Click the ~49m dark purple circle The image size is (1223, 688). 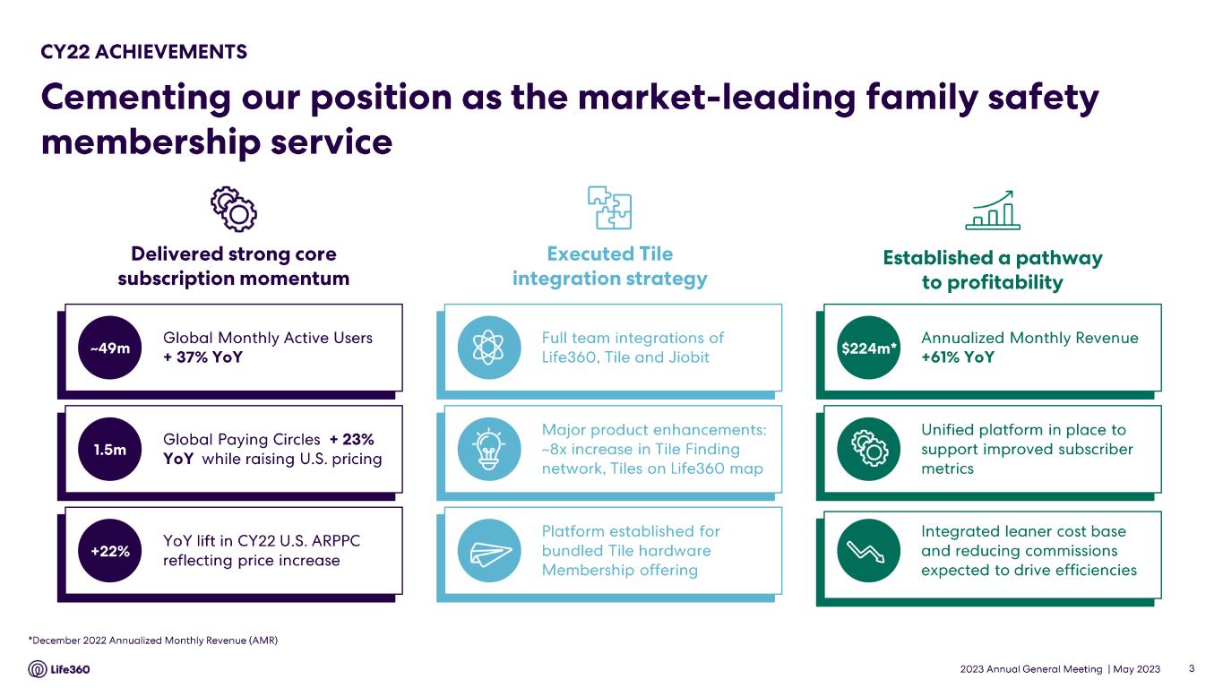pyautogui.click(x=109, y=348)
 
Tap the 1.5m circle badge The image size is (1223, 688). pyautogui.click(x=109, y=450)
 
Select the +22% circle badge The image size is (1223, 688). pyautogui.click(x=109, y=551)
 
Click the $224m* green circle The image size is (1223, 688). pyautogui.click(x=869, y=348)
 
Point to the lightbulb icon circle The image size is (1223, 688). pyautogui.click(x=489, y=450)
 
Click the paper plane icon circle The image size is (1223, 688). pyautogui.click(x=489, y=551)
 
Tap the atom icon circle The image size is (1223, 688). pyautogui.click(x=489, y=348)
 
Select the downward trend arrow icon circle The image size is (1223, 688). pyautogui.click(x=869, y=551)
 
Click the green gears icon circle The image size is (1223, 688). pyautogui.click(x=869, y=450)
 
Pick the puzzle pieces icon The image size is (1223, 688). pyautogui.click(x=610, y=208)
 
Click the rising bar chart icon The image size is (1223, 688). pyautogui.click(x=993, y=211)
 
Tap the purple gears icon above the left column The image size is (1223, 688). pyautogui.click(x=234, y=209)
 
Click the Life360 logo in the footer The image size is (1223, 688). pyautogui.click(x=59, y=669)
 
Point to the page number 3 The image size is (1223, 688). pyautogui.click(x=1192, y=668)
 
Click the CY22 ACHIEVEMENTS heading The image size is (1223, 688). pyautogui.click(x=143, y=52)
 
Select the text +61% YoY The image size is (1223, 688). pyautogui.click(x=958, y=357)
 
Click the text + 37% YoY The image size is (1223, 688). pyautogui.click(x=202, y=357)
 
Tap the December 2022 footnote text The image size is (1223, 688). pyautogui.click(x=153, y=640)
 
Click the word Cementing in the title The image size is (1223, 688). pyautogui.click(x=136, y=99)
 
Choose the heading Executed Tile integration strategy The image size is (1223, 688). pyautogui.click(x=610, y=266)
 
